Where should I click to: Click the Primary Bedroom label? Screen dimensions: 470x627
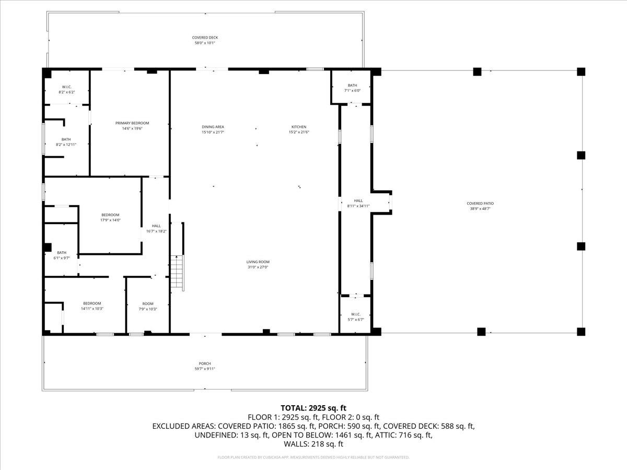(x=129, y=123)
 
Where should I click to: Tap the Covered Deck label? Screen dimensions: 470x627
(x=205, y=38)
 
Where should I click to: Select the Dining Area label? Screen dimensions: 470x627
(x=213, y=127)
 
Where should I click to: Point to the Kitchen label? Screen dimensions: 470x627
(x=299, y=127)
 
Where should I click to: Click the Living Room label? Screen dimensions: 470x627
(x=258, y=262)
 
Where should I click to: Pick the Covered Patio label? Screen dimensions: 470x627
(x=480, y=204)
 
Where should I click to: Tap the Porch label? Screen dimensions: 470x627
(x=205, y=363)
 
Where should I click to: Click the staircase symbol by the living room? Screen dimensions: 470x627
(x=177, y=273)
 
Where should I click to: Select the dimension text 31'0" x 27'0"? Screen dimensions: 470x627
(x=258, y=267)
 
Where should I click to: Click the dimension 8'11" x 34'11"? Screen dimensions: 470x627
(x=358, y=206)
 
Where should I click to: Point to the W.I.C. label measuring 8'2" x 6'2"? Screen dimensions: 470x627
(x=66, y=87)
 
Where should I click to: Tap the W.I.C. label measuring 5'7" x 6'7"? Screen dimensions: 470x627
(x=356, y=314)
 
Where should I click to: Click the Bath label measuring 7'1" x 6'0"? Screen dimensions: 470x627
(x=352, y=85)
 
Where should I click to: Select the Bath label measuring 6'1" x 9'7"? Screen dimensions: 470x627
(x=62, y=252)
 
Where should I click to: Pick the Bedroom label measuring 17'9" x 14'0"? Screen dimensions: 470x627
(x=110, y=215)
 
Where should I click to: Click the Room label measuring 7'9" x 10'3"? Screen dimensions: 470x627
(x=148, y=304)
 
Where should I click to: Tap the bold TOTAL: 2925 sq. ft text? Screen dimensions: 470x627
(x=313, y=408)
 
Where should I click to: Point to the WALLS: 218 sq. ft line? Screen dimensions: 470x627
(x=313, y=444)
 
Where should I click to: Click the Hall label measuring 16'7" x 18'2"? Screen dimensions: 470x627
(x=156, y=226)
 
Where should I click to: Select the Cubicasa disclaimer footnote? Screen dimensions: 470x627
(x=313, y=457)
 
